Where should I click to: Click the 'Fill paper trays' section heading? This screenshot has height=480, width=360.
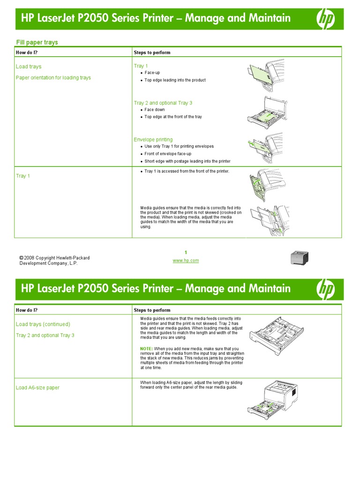click(x=37, y=42)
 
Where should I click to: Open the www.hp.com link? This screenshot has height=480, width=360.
click(x=186, y=261)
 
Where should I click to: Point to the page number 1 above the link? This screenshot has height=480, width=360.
click(x=186, y=253)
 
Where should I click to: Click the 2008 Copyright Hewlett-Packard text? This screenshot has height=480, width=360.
click(x=54, y=258)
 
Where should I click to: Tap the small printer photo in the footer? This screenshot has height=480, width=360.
click(x=300, y=258)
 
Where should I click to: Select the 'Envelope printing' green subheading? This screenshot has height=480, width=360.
click(x=153, y=140)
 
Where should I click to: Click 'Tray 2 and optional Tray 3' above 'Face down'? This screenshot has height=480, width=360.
click(x=163, y=103)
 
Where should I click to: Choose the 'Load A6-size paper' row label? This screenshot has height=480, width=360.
click(x=37, y=388)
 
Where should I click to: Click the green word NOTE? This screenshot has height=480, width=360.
click(x=146, y=349)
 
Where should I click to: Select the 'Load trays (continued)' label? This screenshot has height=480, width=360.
click(x=43, y=324)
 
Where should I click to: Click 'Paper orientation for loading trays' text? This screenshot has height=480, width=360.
click(x=53, y=78)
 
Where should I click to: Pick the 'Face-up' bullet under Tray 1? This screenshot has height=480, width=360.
click(x=152, y=73)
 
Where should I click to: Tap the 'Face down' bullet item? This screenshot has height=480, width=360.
click(x=154, y=110)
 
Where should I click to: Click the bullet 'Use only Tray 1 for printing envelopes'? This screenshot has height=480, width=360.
click(x=179, y=146)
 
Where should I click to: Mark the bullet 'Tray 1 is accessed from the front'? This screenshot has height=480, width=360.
click(x=187, y=172)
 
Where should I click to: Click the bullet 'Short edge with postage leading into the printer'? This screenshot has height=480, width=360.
click(x=187, y=161)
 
